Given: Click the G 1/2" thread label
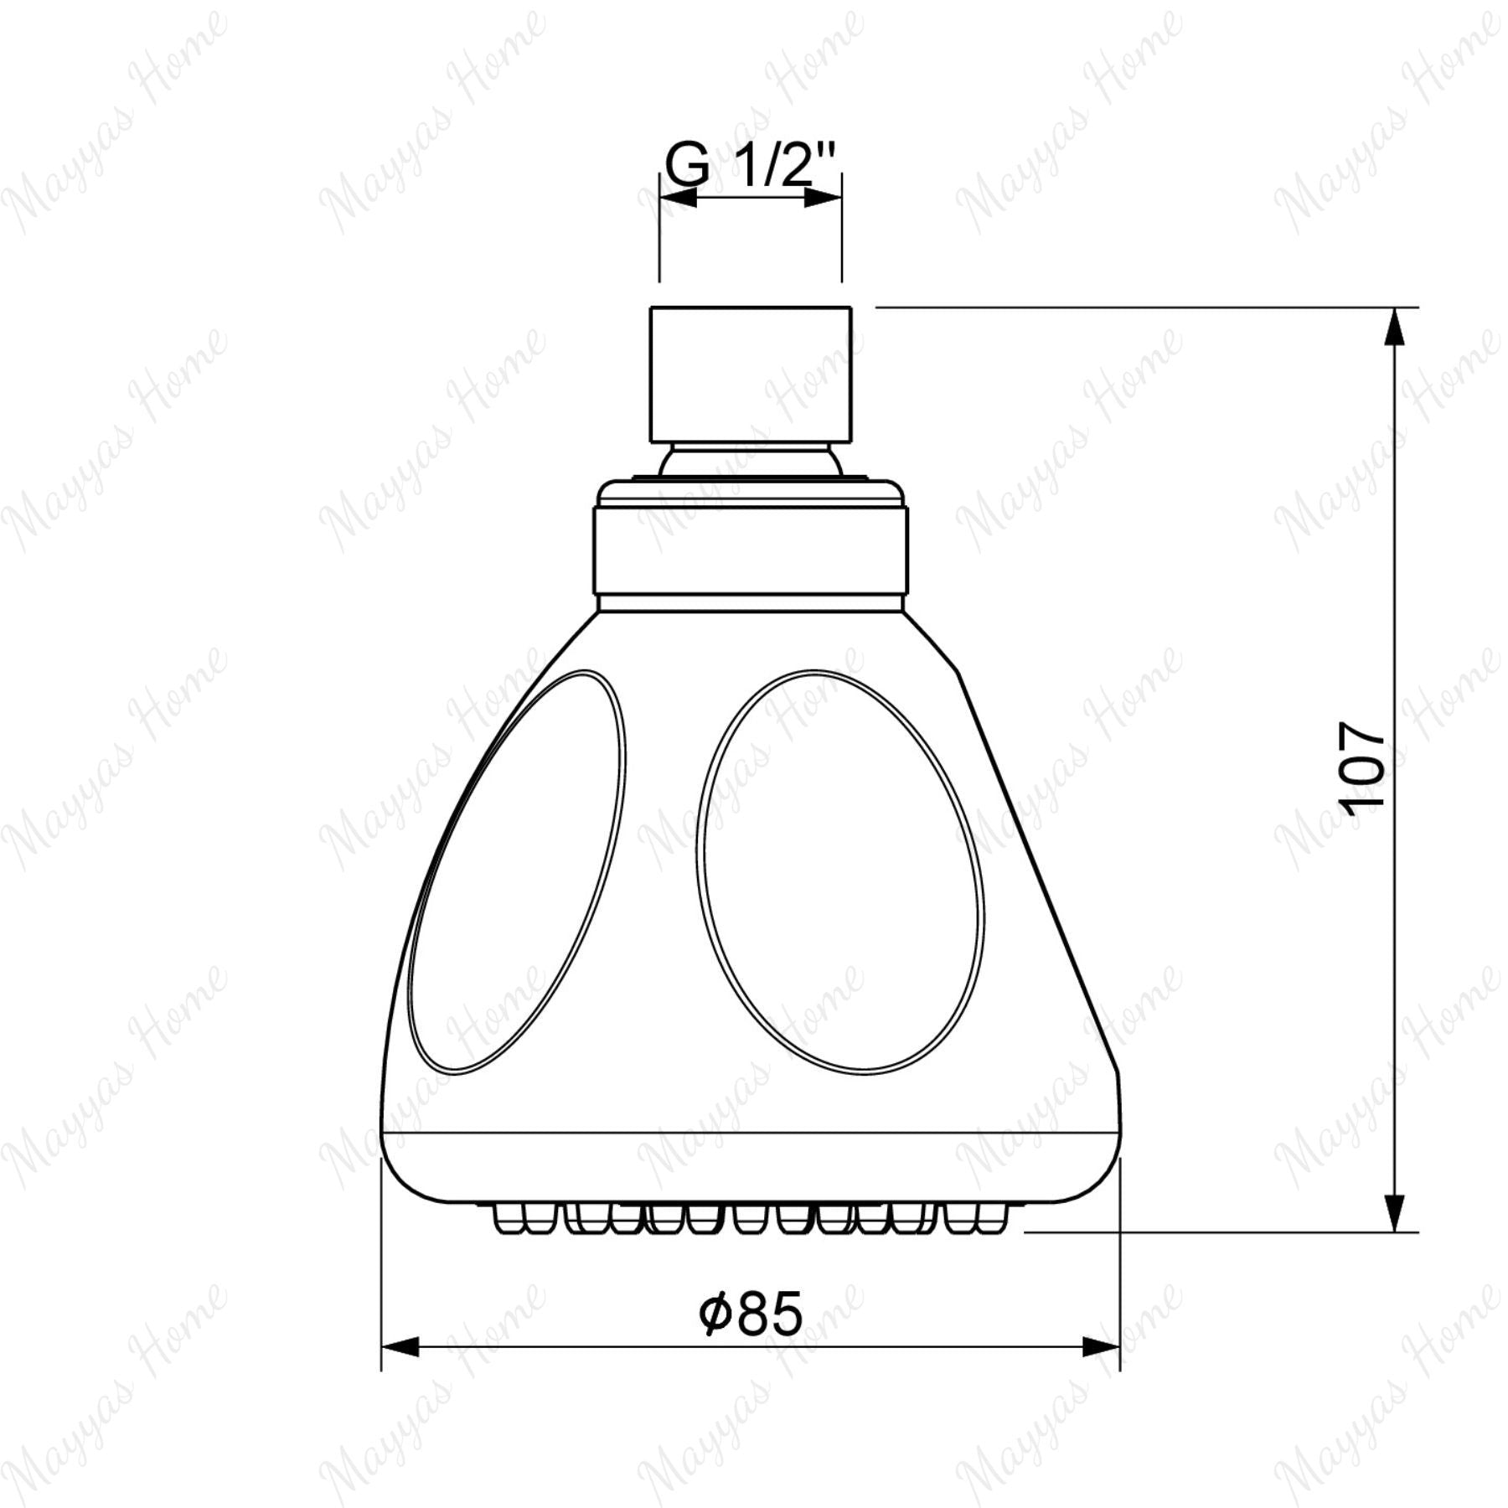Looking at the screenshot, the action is (x=751, y=164).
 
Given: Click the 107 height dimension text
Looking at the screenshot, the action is (x=1361, y=767).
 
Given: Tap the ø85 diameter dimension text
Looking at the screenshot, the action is (x=751, y=1313).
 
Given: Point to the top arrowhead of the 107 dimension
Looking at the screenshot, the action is (x=1394, y=327).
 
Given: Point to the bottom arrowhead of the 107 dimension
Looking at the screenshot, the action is (x=1394, y=1212).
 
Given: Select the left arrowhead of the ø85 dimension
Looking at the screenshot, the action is (x=400, y=1348).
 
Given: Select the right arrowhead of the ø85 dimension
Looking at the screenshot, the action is (x=1101, y=1348).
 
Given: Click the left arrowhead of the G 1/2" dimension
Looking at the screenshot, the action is (x=678, y=198).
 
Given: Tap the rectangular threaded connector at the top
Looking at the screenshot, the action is (x=751, y=374).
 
